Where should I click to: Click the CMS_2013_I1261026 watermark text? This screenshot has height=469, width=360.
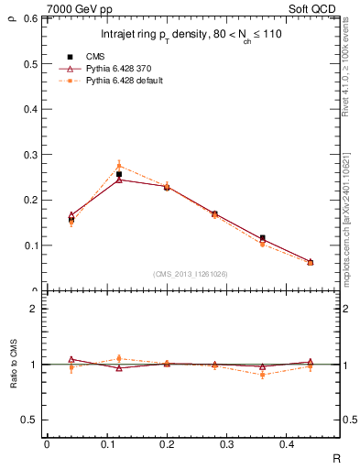pos(191,274)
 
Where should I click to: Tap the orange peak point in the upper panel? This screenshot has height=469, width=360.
pos(119,166)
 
